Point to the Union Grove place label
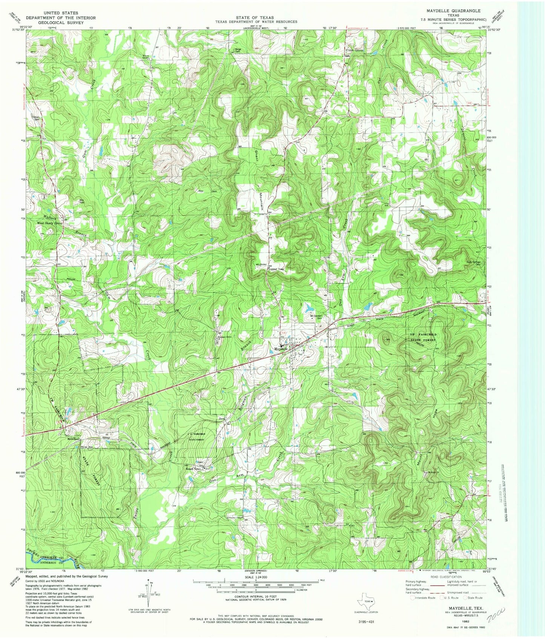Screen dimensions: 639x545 tap(354, 50)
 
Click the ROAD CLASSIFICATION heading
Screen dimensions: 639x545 tap(446, 577)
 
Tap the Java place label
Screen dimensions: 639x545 tap(222, 419)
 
